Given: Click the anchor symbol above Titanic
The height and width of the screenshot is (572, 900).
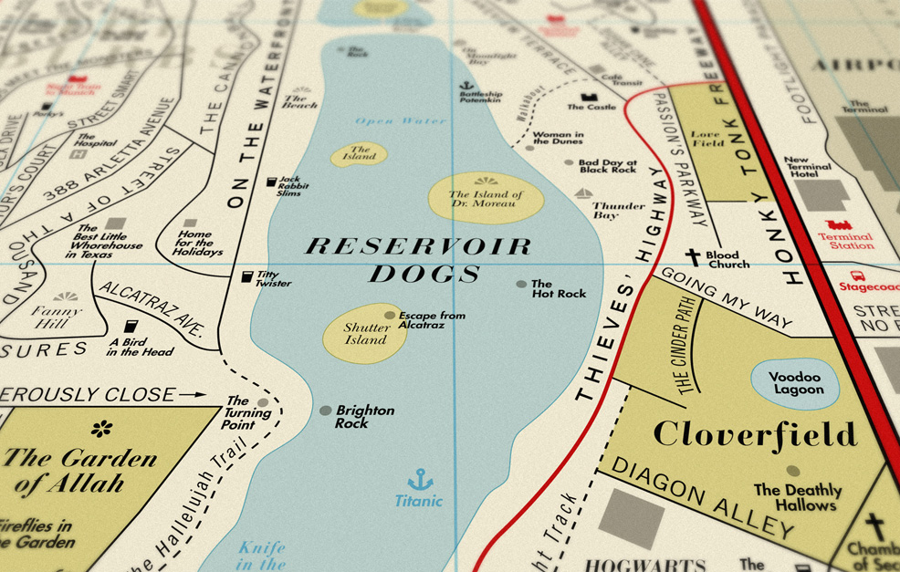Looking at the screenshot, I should (x=419, y=479).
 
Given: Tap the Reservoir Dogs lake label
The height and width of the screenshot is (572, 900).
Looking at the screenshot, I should (x=418, y=259).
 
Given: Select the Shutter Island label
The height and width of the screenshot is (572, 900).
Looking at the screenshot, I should (x=366, y=334).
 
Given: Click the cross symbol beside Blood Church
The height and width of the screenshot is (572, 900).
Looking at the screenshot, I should (x=694, y=258).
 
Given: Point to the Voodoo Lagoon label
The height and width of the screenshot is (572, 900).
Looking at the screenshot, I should (x=795, y=383).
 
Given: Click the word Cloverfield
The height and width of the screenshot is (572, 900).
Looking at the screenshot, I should (x=755, y=433).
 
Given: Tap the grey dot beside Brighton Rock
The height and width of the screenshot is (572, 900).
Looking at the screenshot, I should (x=325, y=411).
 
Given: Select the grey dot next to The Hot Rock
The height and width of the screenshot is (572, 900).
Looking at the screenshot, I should (x=521, y=285).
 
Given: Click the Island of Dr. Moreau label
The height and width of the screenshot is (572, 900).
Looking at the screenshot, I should (x=485, y=199).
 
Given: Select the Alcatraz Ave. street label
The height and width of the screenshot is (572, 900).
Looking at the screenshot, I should (x=157, y=308).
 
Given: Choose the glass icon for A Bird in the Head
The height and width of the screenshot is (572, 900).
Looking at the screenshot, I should (x=129, y=328).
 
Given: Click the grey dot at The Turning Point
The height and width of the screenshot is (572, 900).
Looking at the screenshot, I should (x=263, y=402).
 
